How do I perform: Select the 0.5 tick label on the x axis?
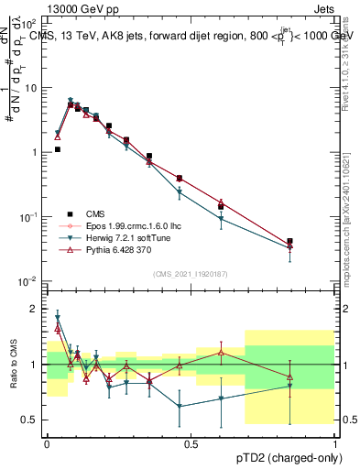pos(191,442)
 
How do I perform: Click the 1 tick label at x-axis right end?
pos(335,442)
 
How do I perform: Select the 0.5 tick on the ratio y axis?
pos(31,420)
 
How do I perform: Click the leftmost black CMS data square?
pos(57,149)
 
